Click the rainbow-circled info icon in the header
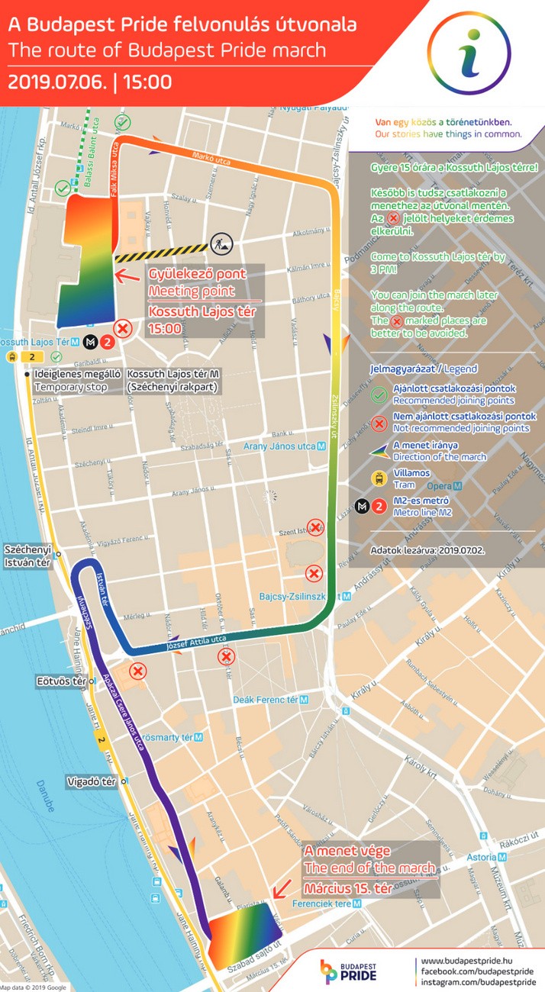tap(469, 53)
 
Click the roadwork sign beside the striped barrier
tap(221, 243)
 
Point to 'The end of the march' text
tap(369, 868)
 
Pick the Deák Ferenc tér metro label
tap(270, 699)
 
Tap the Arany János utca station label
tap(280, 446)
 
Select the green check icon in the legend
tap(378, 395)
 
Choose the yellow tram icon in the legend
tap(378, 478)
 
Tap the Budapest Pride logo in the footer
tap(348, 971)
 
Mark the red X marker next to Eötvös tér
tap(137, 671)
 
